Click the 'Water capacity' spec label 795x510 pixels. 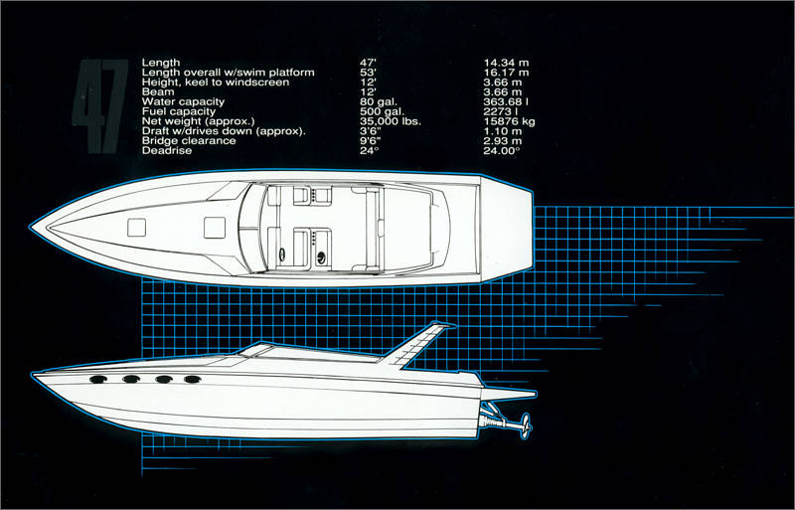(x=184, y=101)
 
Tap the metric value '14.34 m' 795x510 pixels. (x=505, y=64)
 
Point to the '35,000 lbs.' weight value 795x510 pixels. (x=391, y=121)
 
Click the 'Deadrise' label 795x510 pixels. (x=166, y=150)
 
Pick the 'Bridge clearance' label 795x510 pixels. (x=189, y=140)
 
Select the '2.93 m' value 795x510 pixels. (x=503, y=140)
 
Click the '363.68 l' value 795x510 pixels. (x=507, y=101)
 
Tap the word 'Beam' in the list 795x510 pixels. (x=159, y=92)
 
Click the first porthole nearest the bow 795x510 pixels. (x=98, y=379)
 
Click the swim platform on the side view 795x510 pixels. (x=512, y=395)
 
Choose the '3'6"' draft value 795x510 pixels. (x=371, y=131)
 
